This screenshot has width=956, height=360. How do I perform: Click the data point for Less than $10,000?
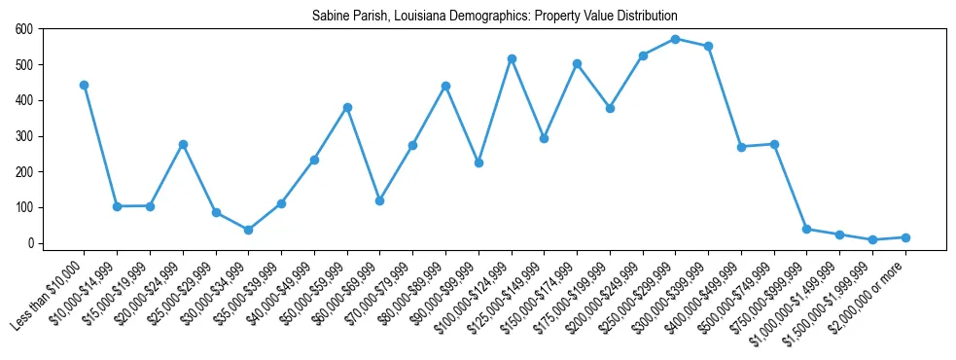coord(84,85)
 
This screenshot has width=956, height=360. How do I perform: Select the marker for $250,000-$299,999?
coord(675,39)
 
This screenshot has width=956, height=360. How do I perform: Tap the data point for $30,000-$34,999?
coord(248,230)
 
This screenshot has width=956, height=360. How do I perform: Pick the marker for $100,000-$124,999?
coord(511,58)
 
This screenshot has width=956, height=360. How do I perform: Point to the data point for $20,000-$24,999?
coord(183,144)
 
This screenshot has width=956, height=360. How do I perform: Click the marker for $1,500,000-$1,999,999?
coord(872,239)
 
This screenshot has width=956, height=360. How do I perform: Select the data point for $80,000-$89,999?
coord(445,86)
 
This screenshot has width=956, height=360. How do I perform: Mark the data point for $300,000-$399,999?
coord(708,46)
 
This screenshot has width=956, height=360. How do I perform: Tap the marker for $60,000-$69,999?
coord(379,200)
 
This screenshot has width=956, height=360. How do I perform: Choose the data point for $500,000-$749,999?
coord(774,144)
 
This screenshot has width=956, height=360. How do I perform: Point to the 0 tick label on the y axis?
coord(30,243)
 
